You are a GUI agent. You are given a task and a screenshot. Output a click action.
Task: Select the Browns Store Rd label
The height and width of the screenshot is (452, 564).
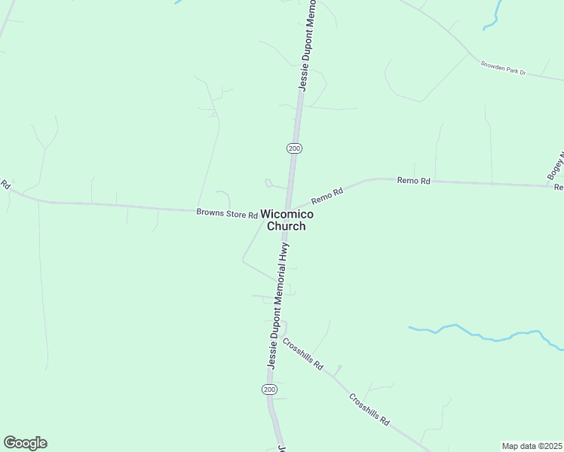coord(227,213)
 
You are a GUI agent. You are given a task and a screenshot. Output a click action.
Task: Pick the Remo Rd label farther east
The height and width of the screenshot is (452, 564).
coord(413,182)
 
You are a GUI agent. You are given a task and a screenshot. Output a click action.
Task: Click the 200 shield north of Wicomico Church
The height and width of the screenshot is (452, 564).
coord(294,148)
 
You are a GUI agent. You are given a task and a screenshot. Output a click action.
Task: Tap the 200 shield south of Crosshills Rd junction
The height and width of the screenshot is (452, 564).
coord(270,389)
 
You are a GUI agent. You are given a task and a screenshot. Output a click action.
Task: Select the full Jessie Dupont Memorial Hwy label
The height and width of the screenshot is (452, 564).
coord(277,304)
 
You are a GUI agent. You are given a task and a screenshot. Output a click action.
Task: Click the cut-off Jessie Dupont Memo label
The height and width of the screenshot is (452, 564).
coord(308,47)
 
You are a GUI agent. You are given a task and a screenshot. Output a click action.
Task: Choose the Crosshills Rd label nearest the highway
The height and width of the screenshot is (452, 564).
coord(303,354)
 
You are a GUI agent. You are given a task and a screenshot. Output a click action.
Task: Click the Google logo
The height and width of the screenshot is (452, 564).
coord(25,443)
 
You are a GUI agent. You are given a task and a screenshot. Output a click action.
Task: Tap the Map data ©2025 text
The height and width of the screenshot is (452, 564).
coord(532,446)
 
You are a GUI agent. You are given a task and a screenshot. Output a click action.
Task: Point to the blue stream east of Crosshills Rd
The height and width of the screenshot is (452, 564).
coord(483,334)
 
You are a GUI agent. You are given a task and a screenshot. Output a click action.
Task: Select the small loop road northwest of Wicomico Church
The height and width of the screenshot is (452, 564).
coord(268,182)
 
